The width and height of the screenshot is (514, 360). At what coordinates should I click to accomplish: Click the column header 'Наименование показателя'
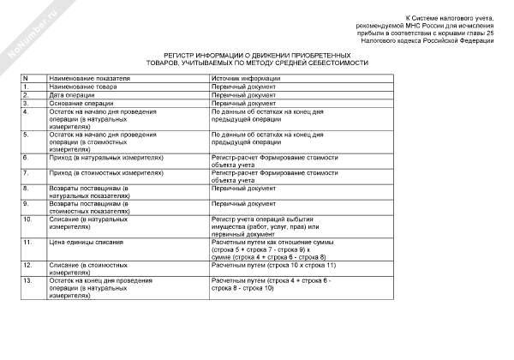click(x=90, y=78)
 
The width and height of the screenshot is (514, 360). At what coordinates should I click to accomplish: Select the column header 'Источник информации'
click(x=243, y=78)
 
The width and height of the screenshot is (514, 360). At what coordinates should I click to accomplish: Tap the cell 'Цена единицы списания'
click(x=91, y=243)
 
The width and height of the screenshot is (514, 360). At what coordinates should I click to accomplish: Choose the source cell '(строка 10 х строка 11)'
click(x=273, y=266)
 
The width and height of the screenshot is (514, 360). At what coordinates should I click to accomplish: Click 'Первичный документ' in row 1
click(x=243, y=87)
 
